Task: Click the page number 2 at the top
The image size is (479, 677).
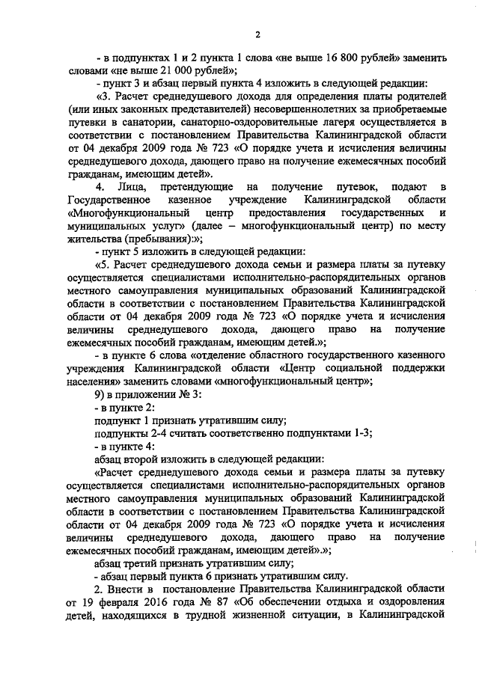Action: [x=257, y=32]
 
